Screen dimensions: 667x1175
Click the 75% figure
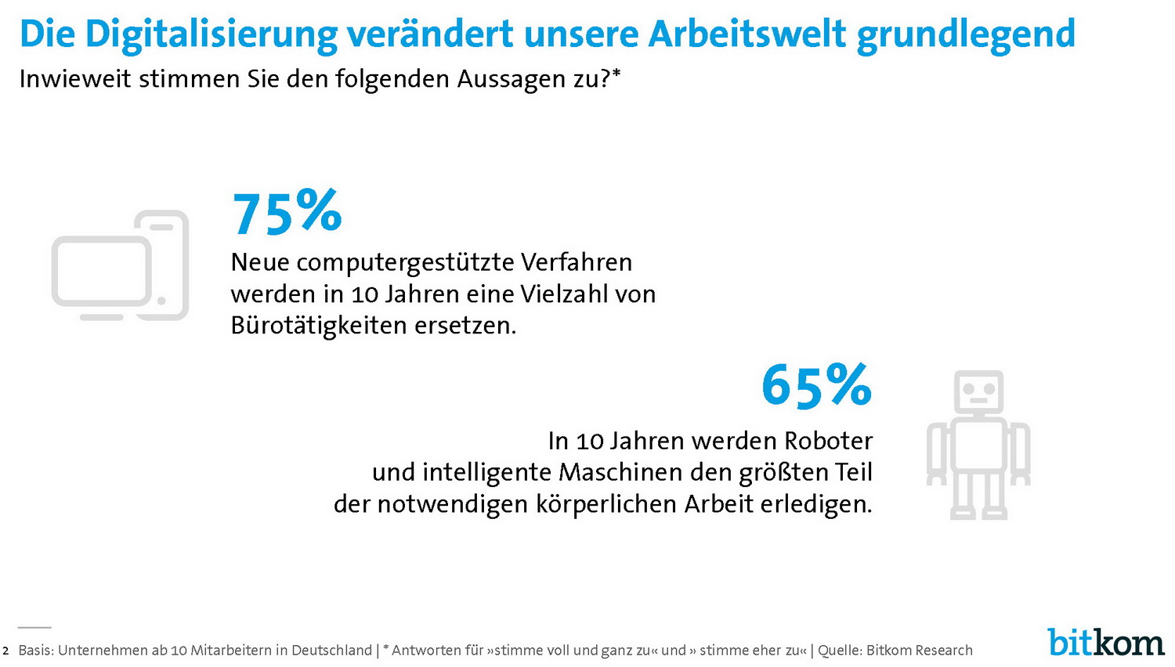tap(287, 212)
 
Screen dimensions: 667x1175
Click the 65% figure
tap(816, 385)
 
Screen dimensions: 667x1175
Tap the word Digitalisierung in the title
tap(211, 34)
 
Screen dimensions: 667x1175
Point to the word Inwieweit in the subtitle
tap(75, 79)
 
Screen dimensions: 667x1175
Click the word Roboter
tap(828, 441)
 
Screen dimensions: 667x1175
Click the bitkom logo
tap(1105, 642)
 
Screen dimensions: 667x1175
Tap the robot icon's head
tap(978, 391)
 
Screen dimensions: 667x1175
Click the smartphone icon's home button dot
tap(161, 301)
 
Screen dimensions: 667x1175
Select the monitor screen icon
tap(101, 271)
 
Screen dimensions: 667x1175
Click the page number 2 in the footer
tap(5, 651)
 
